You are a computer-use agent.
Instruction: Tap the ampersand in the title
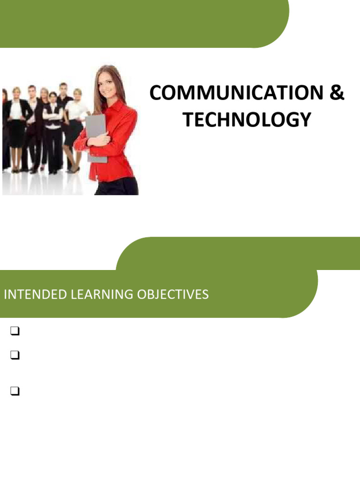coord(337,94)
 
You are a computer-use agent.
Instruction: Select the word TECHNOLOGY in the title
coord(247,120)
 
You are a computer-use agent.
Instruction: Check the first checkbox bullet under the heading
coord(14,332)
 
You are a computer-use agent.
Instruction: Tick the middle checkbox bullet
coord(14,356)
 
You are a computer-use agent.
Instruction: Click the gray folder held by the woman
coord(96,136)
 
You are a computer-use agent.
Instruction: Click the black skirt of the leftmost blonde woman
coord(16,134)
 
